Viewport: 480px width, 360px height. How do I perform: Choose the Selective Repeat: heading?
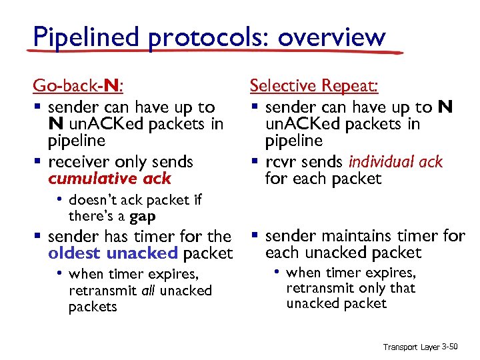pos(314,86)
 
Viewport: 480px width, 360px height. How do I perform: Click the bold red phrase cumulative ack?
pos(109,179)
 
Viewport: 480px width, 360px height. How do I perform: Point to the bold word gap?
pos(142,217)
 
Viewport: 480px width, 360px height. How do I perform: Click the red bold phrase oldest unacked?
pos(113,253)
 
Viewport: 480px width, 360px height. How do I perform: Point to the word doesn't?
pos(93,199)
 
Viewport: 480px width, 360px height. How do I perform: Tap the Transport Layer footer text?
pos(410,347)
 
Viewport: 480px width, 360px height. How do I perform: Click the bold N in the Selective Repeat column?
pos(445,107)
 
